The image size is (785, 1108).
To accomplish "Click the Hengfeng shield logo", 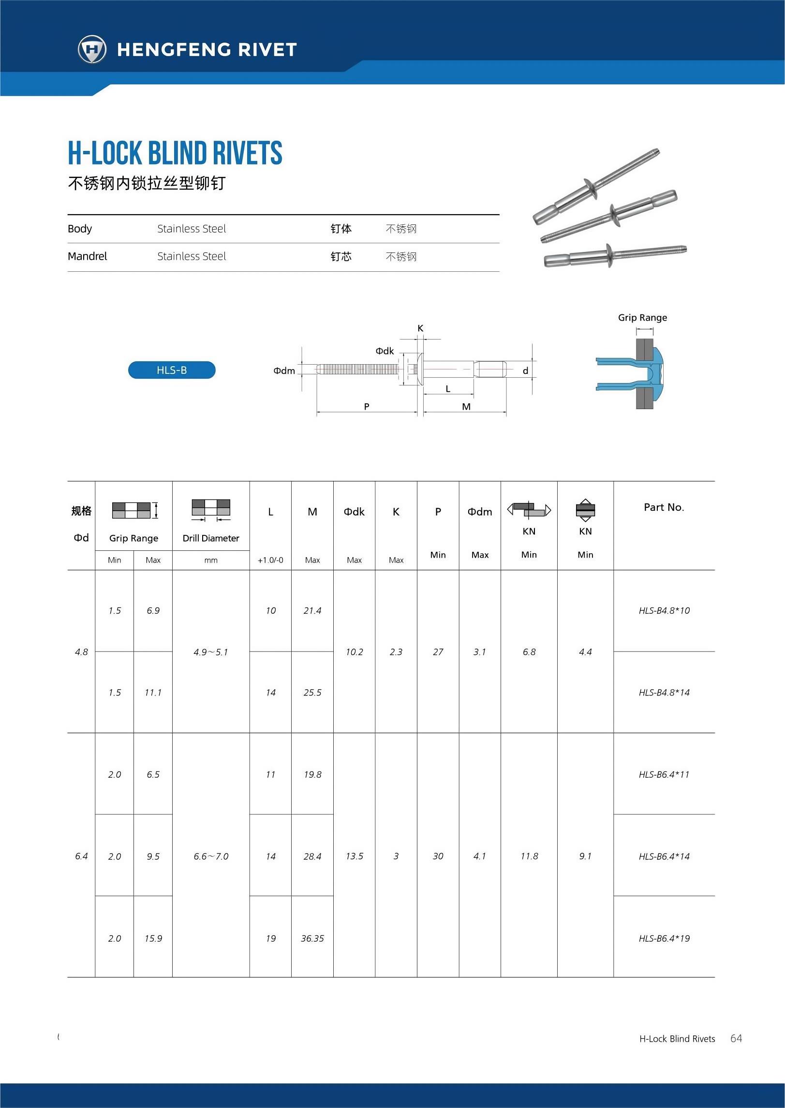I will click(x=92, y=49).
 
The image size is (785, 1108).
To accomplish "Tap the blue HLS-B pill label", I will click(x=172, y=370).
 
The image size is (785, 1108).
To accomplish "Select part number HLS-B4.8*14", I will click(x=664, y=693).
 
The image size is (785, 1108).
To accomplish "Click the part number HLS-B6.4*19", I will click(x=664, y=938).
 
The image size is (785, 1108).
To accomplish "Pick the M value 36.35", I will click(x=312, y=938).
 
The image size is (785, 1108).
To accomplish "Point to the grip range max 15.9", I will click(x=153, y=938).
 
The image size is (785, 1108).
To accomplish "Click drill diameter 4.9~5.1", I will click(x=210, y=652).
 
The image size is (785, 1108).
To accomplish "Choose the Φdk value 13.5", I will click(x=354, y=856).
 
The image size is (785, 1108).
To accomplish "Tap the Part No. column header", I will click(x=664, y=507).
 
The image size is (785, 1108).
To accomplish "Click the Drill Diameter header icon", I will click(x=211, y=509).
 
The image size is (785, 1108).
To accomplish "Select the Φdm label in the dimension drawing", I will click(x=284, y=370).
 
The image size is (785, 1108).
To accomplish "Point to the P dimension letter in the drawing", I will click(x=367, y=406).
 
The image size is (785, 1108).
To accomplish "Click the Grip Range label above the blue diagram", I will click(x=642, y=317).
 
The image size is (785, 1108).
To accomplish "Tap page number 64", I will click(x=736, y=1038).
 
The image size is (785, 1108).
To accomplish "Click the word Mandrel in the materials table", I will click(x=88, y=256).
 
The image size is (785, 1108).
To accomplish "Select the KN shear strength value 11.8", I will click(x=529, y=856).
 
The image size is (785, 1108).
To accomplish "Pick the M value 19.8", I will click(x=312, y=774).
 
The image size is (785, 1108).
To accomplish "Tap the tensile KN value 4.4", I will click(x=585, y=652).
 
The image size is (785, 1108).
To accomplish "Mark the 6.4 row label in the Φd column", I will click(x=81, y=856).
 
